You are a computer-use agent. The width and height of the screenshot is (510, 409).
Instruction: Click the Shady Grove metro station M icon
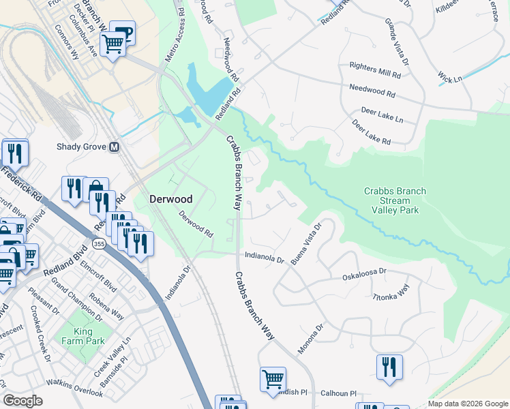pos(114,147)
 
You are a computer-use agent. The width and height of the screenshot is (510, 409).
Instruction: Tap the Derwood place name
pos(171,199)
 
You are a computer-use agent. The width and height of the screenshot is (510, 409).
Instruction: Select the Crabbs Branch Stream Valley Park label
pos(395,200)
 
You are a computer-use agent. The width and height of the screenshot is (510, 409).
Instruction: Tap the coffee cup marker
pos(122,33)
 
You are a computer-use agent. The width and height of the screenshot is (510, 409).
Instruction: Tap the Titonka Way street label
pos(391,291)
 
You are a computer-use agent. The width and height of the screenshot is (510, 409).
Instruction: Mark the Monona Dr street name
pos(311,339)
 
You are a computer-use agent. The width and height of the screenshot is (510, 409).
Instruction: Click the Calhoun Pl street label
pos(339,393)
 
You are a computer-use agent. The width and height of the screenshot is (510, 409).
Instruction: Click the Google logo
pos(23,400)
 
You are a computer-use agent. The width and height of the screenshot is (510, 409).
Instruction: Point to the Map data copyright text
pos(467,404)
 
